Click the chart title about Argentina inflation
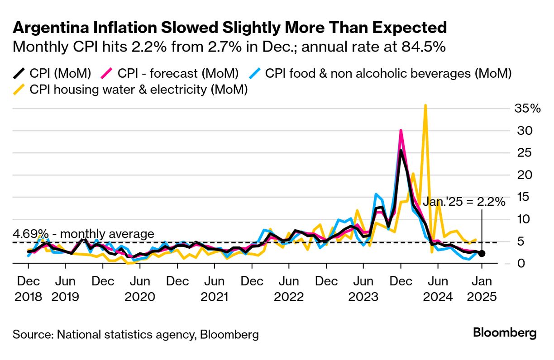(x=229, y=28)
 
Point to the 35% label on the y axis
(x=527, y=109)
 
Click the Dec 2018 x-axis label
(x=29, y=289)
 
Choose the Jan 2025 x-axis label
(x=482, y=289)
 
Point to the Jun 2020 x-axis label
(x=140, y=289)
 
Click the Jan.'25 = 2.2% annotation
(x=463, y=202)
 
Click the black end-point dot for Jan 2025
(x=482, y=254)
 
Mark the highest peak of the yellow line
(x=425, y=106)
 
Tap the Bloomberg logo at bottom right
(x=505, y=333)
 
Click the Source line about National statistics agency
(x=136, y=335)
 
